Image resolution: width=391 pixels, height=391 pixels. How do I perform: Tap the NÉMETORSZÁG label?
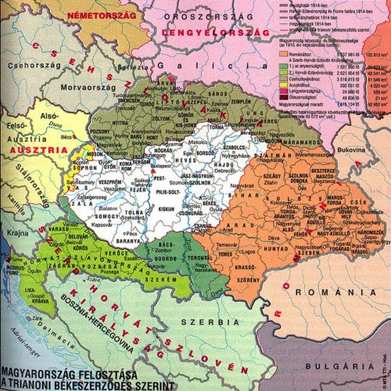pyautogui.click(x=102, y=15)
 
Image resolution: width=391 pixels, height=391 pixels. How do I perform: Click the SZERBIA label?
pyautogui.click(x=210, y=322)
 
